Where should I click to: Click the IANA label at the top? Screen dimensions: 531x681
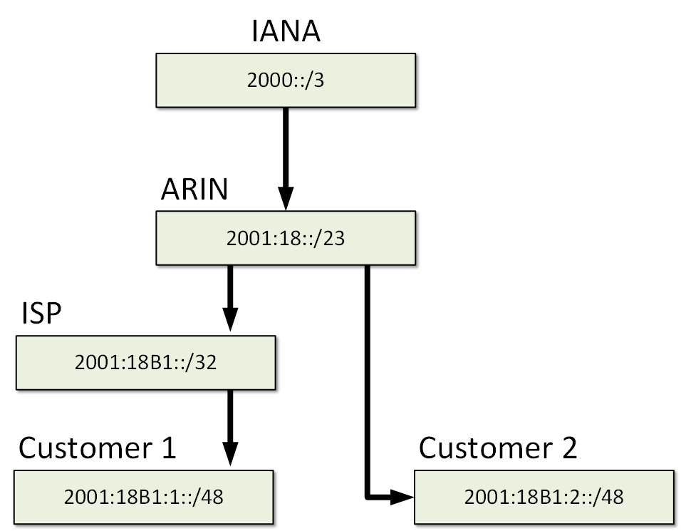pyautogui.click(x=286, y=31)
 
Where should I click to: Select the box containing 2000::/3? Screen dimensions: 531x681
pyautogui.click(x=286, y=81)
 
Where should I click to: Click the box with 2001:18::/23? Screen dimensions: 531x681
pyautogui.click(x=286, y=237)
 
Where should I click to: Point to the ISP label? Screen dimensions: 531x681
pyautogui.click(x=42, y=313)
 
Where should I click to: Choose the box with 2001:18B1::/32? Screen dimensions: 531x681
pyautogui.click(x=145, y=362)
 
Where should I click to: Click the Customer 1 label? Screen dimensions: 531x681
pyautogui.click(x=97, y=448)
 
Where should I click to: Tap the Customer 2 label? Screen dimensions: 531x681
pyautogui.click(x=498, y=448)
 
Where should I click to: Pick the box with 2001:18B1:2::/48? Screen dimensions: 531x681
pyautogui.click(x=544, y=496)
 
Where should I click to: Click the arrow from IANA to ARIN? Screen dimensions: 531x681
pyautogui.click(x=286, y=153)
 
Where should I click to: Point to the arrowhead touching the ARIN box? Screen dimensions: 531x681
pyautogui.click(x=286, y=198)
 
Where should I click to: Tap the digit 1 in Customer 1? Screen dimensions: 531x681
pyautogui.click(x=167, y=449)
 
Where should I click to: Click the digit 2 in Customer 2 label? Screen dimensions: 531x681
pyautogui.click(x=567, y=449)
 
